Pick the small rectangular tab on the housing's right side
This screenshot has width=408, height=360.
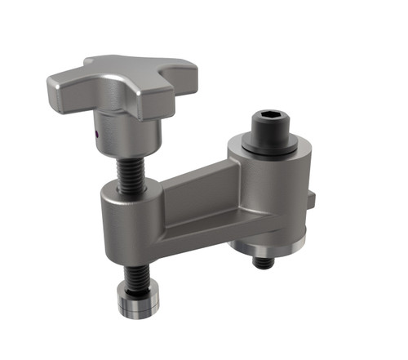click(313, 198)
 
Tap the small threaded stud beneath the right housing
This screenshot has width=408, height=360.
click(263, 262)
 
